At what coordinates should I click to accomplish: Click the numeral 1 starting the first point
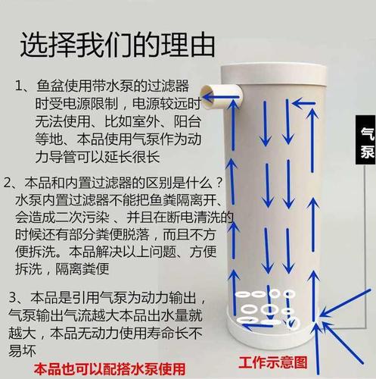coord(20,85)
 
